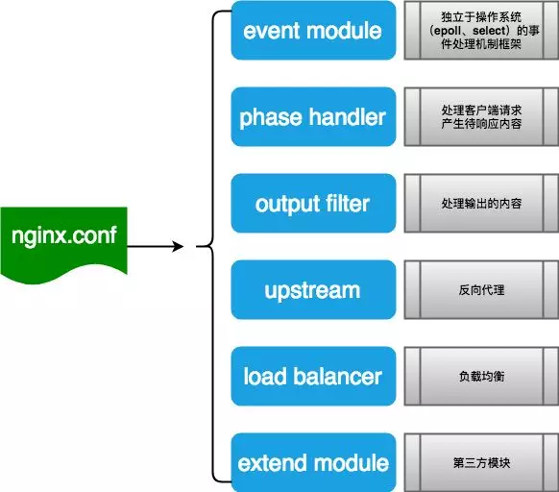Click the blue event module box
click(x=312, y=31)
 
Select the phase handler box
click(x=312, y=117)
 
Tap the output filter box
click(x=312, y=204)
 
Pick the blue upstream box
click(x=312, y=289)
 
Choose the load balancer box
click(x=312, y=376)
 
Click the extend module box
click(x=312, y=462)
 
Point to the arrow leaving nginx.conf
click(x=154, y=247)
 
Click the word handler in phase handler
click(x=345, y=117)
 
